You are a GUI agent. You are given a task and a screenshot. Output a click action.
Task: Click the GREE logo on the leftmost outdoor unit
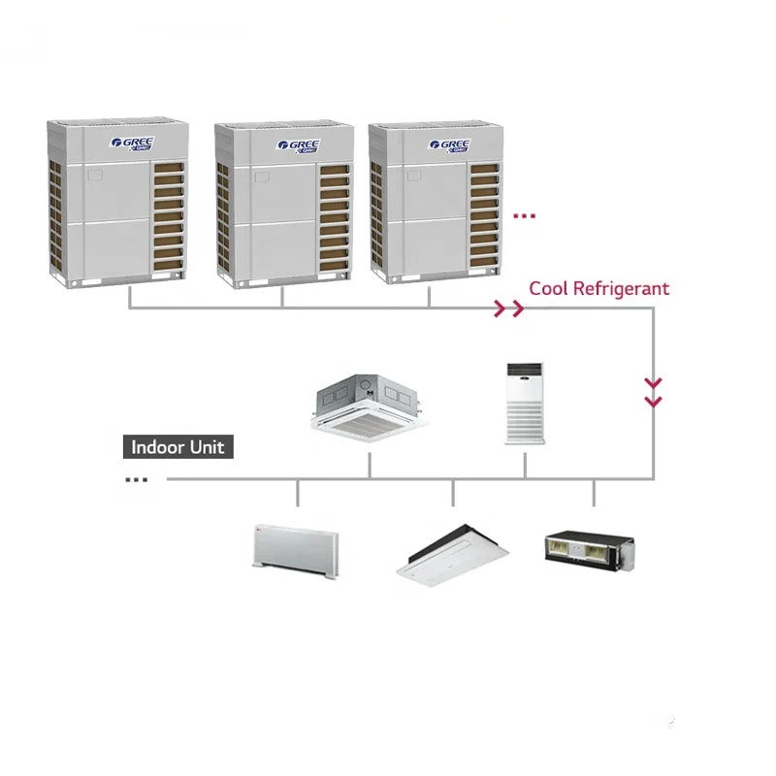click(133, 144)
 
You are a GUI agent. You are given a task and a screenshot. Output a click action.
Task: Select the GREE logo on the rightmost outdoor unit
click(449, 145)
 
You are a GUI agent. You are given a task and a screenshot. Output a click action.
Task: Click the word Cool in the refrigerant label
click(548, 288)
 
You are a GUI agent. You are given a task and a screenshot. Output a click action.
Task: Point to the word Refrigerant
click(621, 288)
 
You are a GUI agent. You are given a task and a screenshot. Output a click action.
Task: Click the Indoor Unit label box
click(178, 447)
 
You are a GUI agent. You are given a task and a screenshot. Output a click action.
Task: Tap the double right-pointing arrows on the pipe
click(508, 309)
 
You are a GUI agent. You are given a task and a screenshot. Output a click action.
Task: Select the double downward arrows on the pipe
click(654, 392)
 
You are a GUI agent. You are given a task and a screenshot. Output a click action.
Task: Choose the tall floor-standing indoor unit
click(526, 404)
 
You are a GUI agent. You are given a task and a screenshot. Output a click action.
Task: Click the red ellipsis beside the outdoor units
click(524, 216)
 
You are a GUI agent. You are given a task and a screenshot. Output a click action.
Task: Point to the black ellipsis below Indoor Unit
click(137, 479)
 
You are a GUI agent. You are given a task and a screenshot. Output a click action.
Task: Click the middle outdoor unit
click(281, 206)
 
